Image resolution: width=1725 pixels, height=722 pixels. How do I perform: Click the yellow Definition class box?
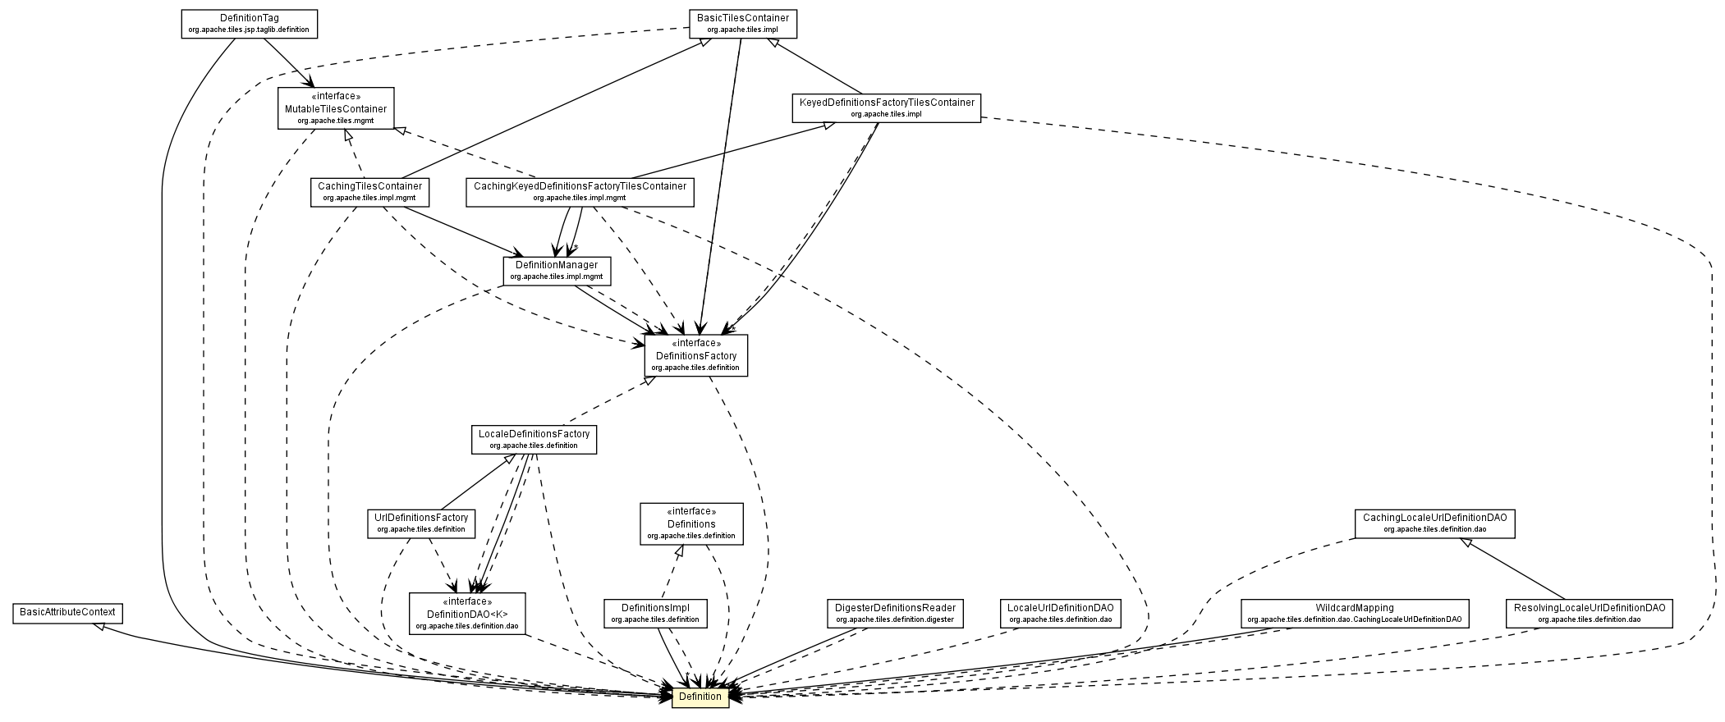coord(700,697)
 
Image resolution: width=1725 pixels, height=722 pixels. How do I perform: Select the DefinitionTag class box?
coord(249,23)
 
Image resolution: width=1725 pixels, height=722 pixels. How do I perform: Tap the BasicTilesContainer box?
coord(742,23)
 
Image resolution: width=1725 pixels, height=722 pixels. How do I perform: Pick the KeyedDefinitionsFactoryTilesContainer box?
coord(886,108)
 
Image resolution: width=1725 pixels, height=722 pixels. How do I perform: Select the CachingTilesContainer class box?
coord(370,192)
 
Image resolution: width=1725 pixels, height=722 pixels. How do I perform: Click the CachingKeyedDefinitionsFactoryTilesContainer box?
coord(579,192)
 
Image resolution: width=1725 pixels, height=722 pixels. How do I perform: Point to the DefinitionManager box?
coord(556,271)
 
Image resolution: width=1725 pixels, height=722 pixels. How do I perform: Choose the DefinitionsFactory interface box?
coord(695,355)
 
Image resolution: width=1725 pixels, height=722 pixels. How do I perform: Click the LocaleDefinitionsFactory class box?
coord(533,439)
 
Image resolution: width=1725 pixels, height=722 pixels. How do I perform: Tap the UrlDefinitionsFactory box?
coord(420,523)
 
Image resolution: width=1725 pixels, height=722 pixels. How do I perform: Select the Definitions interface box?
coord(690,523)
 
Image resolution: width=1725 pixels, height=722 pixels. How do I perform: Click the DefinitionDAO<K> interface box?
coord(466,614)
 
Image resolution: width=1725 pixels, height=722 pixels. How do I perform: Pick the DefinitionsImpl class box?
coord(654,614)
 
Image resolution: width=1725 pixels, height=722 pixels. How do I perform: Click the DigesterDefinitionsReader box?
coord(894,614)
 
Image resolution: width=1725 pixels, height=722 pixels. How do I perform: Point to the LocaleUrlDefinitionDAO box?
coord(1060,614)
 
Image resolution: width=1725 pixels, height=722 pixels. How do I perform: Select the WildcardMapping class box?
coord(1354,614)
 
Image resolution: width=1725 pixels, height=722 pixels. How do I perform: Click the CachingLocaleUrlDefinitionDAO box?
coord(1434,523)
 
